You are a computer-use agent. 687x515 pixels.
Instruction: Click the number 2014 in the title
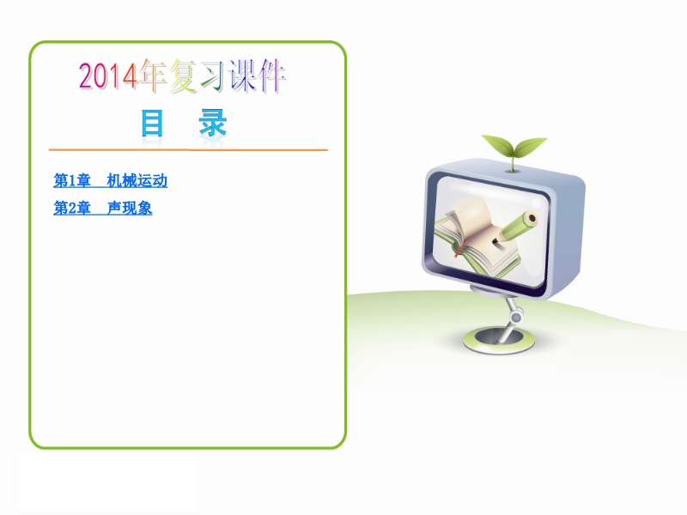tap(108, 76)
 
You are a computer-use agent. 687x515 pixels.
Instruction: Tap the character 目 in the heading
tap(152, 123)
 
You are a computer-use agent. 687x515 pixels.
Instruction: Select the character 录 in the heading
tap(213, 123)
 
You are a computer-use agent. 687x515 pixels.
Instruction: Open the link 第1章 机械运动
tap(111, 180)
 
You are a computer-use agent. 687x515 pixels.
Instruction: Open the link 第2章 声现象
tap(102, 208)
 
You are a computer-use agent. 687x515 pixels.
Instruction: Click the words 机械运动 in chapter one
tap(137, 180)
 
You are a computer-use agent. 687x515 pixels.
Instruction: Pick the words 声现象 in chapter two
tap(130, 208)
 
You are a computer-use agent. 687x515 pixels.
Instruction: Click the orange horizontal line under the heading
tap(188, 149)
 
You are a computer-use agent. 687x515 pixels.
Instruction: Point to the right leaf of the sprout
tap(530, 147)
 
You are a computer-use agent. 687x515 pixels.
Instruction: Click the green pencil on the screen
tap(515, 227)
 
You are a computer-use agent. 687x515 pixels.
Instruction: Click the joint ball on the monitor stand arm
tap(516, 317)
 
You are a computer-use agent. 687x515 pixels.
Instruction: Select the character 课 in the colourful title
tap(242, 76)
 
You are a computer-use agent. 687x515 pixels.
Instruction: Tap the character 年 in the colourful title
tap(153, 76)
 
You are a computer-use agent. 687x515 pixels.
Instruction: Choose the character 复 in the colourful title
tap(183, 76)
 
